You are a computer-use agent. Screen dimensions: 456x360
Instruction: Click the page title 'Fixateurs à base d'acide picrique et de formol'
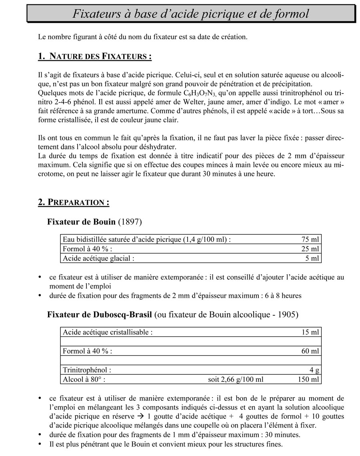pyautogui.click(x=191, y=14)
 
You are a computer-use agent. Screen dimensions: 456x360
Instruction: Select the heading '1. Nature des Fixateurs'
pyautogui.click(x=95, y=56)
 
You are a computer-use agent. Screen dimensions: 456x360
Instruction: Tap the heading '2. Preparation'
pyautogui.click(x=74, y=202)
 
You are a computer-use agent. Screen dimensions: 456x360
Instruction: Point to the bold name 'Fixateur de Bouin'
pyautogui.click(x=82, y=222)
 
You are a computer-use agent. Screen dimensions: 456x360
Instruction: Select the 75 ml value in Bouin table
pyautogui.click(x=310, y=240)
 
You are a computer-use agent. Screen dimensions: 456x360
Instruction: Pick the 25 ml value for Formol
pyautogui.click(x=310, y=249)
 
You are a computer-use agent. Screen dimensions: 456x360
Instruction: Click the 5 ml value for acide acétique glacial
pyautogui.click(x=312, y=258)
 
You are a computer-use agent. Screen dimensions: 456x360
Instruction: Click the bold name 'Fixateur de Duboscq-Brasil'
pyautogui.click(x=100, y=314)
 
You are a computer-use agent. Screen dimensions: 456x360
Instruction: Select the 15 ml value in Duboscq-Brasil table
pyautogui.click(x=310, y=332)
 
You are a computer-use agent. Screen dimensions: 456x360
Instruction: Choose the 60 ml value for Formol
pyautogui.click(x=310, y=351)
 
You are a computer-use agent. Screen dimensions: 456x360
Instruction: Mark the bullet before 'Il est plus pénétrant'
pyautogui.click(x=40, y=444)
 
